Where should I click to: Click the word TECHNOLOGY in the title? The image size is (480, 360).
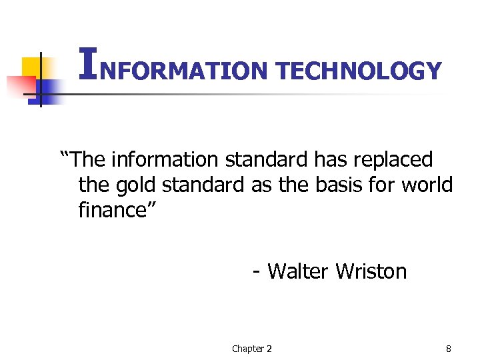coord(358,71)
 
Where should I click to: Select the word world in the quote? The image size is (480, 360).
coord(427,185)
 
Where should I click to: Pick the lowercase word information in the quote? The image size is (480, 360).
coord(164,160)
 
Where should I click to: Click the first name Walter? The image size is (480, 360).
coord(298,271)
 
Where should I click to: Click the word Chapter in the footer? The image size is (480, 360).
coord(247,349)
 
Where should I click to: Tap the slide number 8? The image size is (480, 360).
coord(448,349)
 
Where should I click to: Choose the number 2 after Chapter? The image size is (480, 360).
coord(269,349)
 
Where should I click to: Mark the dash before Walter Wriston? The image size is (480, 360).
coord(257,273)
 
